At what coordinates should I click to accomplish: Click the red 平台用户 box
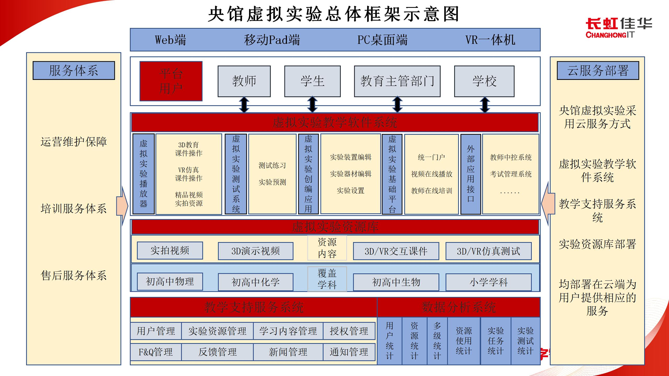tap(171, 81)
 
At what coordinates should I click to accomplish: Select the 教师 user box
tap(244, 81)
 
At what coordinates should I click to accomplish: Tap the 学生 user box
tap(312, 81)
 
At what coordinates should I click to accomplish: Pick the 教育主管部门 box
tap(397, 81)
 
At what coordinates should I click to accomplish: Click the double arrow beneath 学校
tap(485, 105)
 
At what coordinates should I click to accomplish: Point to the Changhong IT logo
tap(618, 28)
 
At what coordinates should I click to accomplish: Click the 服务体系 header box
tap(74, 71)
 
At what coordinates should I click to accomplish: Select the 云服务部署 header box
tap(598, 71)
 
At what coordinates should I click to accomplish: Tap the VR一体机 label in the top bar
tap(490, 40)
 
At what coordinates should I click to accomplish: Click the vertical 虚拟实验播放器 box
tap(143, 174)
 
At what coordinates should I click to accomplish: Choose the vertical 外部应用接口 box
tap(471, 174)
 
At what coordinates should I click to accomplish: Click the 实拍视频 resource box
tap(170, 251)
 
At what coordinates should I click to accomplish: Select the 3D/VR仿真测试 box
tap(488, 252)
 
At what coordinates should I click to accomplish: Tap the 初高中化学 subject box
tap(255, 282)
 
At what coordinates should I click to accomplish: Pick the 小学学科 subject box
tap(488, 282)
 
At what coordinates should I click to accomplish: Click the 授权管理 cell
tap(349, 331)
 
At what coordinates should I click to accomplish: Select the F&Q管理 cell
tap(156, 352)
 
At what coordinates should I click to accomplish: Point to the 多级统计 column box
tap(437, 341)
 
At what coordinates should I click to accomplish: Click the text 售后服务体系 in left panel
tap(74, 275)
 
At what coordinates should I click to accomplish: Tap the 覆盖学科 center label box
tap(327, 279)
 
